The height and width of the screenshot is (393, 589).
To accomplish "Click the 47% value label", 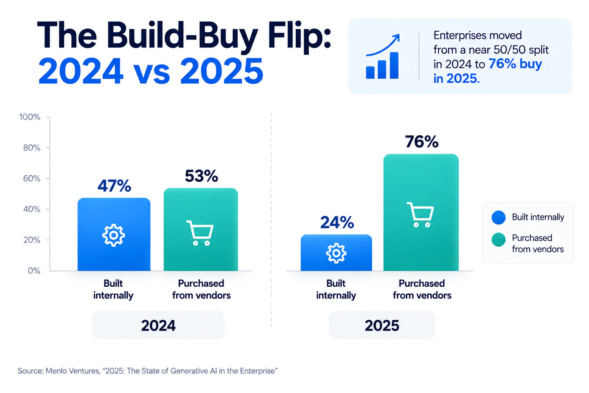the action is point(114,186).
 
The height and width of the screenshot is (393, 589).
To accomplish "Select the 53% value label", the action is point(201,176).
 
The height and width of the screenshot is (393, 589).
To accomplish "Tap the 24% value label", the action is point(337,223).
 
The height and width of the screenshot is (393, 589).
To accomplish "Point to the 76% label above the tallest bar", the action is point(422,142).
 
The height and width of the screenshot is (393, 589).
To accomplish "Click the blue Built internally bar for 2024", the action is point(114,234).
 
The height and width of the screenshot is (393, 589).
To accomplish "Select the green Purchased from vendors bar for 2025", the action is point(421,212).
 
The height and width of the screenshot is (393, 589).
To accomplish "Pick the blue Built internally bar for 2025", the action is point(336,253).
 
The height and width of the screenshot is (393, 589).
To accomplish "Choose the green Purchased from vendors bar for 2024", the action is point(201,230).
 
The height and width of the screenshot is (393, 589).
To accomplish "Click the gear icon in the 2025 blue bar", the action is point(336,253).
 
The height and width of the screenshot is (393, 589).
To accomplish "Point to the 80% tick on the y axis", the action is point(32,148).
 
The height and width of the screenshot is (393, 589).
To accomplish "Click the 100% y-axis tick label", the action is point(30,117).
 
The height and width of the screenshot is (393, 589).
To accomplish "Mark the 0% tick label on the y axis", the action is point(34,271).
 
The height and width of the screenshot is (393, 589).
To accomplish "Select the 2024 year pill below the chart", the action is point(158,325).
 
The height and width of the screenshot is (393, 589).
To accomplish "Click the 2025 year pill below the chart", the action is point(382,325).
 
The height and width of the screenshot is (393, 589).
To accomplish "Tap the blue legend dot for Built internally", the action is point(499,218).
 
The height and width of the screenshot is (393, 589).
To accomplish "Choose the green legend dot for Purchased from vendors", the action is point(499,239).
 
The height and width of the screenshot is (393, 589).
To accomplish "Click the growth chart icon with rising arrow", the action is point(383,56).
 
